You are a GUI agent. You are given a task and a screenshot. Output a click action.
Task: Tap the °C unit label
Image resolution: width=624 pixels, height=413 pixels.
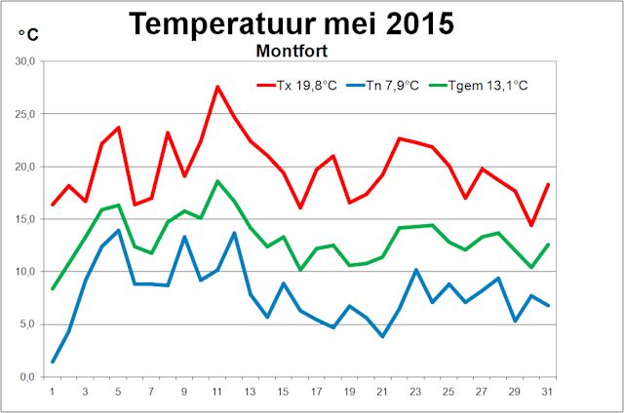tap(28, 34)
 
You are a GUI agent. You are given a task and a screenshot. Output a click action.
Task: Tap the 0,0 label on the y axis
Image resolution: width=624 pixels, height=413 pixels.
tap(26, 377)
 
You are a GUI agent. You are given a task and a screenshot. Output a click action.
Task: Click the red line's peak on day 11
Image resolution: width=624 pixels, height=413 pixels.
tap(217, 87)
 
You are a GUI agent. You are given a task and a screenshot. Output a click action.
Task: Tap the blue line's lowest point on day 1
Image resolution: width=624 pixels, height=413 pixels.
tap(53, 361)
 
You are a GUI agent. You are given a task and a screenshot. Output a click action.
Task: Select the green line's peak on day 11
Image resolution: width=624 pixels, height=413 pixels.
tap(217, 181)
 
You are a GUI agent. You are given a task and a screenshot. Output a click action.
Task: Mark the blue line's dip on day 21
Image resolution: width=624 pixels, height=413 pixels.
tap(382, 336)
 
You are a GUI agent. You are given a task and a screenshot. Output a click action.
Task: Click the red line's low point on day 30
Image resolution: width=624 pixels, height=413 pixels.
tap(530, 225)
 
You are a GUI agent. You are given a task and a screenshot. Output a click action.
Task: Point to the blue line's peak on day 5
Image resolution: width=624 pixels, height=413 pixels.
tap(118, 231)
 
